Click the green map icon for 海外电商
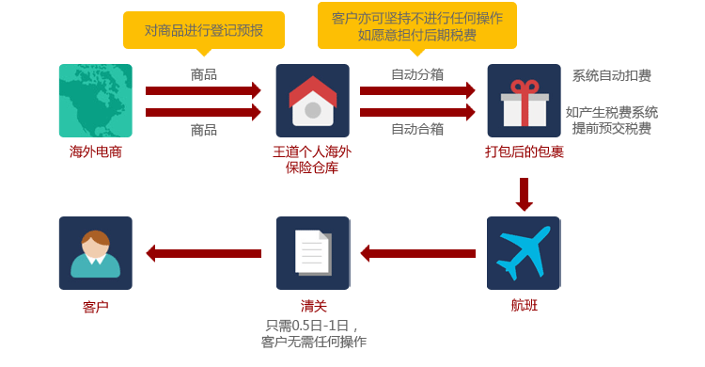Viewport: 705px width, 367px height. point(95,101)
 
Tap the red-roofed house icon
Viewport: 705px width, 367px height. point(312,101)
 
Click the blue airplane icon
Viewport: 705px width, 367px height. point(524,253)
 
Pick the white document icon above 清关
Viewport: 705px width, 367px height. point(313,253)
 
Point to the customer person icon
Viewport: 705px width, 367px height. point(95,253)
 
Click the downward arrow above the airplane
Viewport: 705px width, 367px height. point(525,195)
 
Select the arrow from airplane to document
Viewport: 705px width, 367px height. point(418,253)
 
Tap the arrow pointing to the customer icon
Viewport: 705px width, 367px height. point(204,253)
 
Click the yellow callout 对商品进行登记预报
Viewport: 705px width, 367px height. point(204,31)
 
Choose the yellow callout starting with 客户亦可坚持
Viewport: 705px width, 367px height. point(417,27)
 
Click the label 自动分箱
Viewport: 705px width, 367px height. point(417,74)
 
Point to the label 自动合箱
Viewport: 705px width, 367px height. point(417,129)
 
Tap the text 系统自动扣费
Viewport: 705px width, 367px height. point(612,75)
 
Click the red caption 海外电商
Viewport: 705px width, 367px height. point(95,152)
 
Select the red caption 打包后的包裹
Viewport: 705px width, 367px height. point(525,152)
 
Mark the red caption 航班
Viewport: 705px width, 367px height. point(525,305)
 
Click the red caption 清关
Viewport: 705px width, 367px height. point(313,306)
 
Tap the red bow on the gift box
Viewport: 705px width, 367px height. point(525,87)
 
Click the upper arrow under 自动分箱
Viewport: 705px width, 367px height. point(417,90)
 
